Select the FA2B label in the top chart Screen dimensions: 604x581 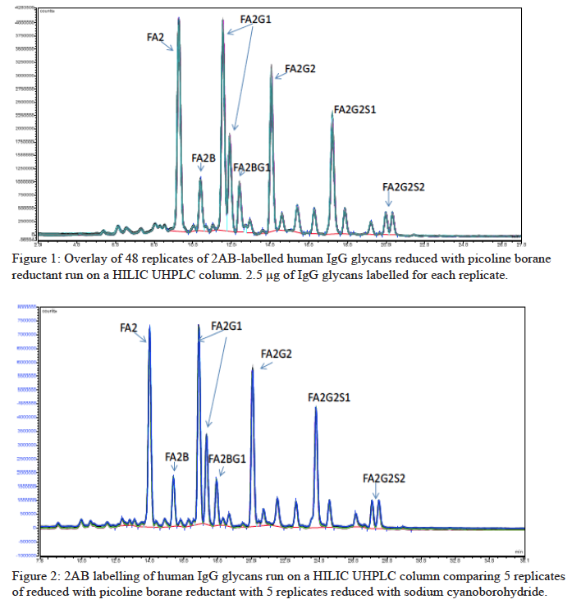coord(204,158)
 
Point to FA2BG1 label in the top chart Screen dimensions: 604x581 coord(252,168)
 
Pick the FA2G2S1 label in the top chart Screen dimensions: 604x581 coord(355,110)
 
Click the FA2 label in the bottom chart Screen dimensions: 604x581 coord(129,327)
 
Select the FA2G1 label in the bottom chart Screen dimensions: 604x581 coord(226,326)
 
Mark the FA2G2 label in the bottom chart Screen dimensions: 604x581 coord(276,354)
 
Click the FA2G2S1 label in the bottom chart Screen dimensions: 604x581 coord(329,397)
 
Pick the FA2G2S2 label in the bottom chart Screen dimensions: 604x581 coord(384,478)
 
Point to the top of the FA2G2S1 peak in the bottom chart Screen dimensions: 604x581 coord(315,408)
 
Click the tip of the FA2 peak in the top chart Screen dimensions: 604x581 coord(179,18)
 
